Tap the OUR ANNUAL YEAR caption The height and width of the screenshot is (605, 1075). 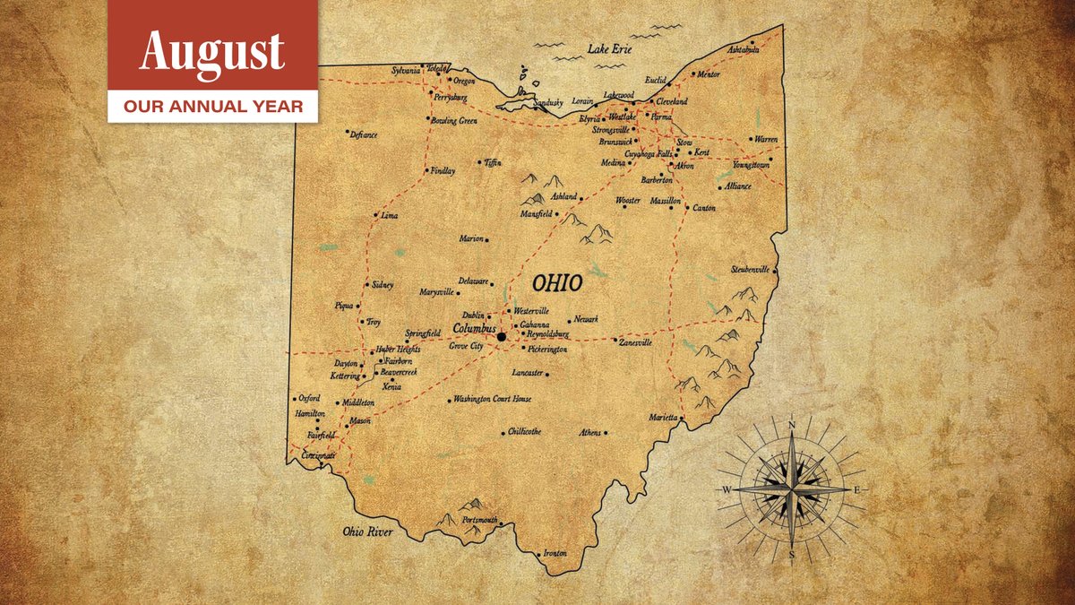(x=212, y=107)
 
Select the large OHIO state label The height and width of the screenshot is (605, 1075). (x=557, y=284)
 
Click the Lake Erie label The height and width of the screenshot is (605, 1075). (x=609, y=49)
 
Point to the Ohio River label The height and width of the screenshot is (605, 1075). (x=367, y=532)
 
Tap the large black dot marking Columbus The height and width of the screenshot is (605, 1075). (x=502, y=337)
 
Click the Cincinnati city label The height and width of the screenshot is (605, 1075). (x=318, y=456)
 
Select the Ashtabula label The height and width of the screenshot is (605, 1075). (x=743, y=50)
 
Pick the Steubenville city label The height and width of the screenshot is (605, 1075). (x=751, y=269)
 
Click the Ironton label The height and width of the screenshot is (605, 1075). (x=555, y=554)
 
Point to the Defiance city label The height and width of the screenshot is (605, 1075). (x=364, y=135)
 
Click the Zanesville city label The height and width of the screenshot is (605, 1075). (x=635, y=342)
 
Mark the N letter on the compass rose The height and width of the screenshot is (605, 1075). (x=792, y=425)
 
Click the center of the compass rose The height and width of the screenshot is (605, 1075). (x=792, y=489)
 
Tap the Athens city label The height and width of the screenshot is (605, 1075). (x=590, y=433)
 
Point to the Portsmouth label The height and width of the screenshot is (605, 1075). (x=477, y=521)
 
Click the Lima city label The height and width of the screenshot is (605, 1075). (x=389, y=216)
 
